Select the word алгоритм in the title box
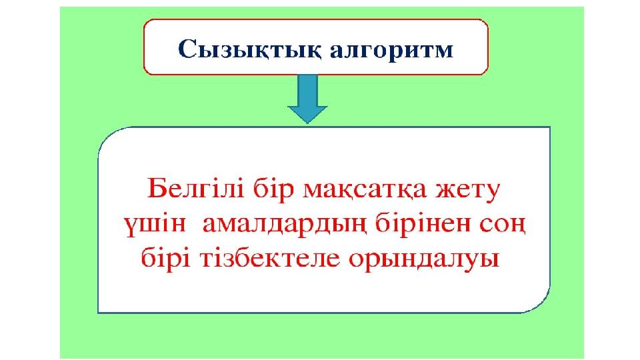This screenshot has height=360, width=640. [392, 51]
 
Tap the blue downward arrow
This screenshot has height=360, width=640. [308, 99]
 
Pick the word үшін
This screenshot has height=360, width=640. [155, 225]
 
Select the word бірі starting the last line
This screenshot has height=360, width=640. [166, 259]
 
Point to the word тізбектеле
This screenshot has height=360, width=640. [270, 259]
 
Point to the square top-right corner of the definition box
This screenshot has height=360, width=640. [550, 127]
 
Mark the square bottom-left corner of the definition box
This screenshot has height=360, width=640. [99, 312]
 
